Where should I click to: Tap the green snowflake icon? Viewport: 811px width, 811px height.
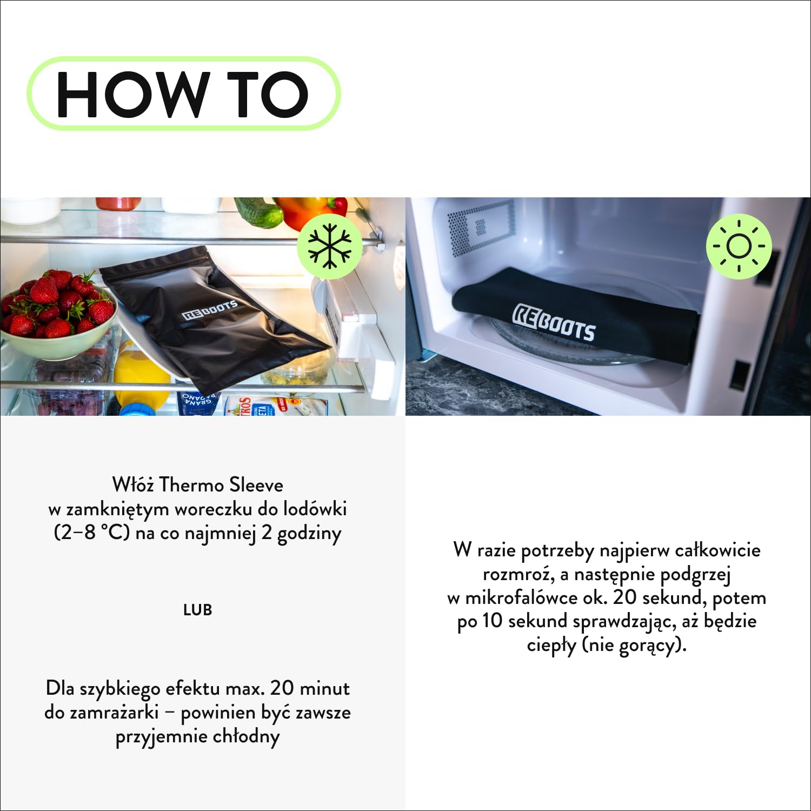tap(329, 247)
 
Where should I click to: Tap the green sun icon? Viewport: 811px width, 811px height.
tap(739, 247)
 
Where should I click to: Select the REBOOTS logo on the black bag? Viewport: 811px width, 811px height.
tap(210, 310)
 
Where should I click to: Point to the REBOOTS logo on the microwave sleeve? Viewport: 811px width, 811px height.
tap(554, 323)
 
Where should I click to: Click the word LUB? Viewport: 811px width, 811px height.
tap(197, 610)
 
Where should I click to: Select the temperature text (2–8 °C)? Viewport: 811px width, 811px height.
tap(92, 533)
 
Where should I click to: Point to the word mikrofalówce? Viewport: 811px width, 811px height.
tap(521, 597)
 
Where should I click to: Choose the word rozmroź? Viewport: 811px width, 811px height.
tap(517, 574)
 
